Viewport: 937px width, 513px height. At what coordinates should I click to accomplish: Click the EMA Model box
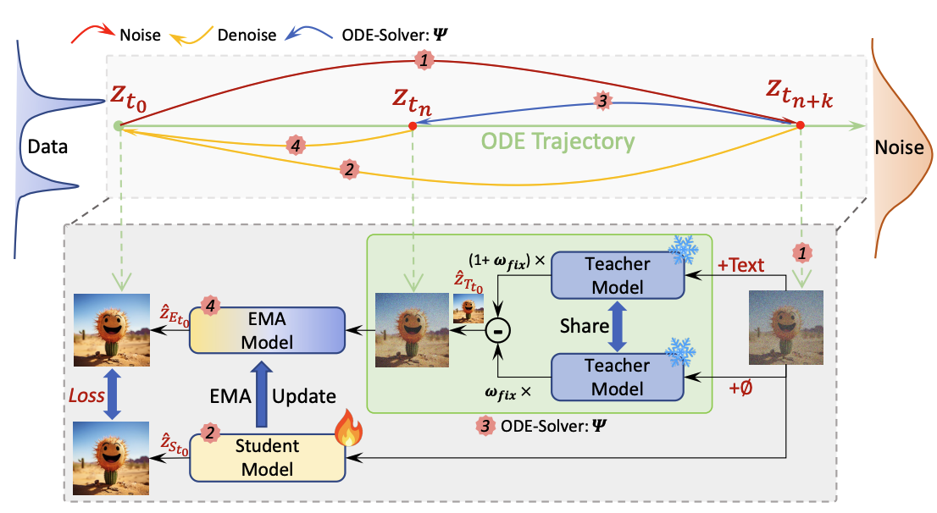coord(267,329)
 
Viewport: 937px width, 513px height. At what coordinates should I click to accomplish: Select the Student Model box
coord(267,458)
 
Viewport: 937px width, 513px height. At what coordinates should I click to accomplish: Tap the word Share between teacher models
coord(585,326)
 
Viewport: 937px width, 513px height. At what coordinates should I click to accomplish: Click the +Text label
coord(740,266)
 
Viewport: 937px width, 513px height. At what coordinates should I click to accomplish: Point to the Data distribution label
coord(47,146)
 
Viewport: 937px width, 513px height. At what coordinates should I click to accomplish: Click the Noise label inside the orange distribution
coord(900,147)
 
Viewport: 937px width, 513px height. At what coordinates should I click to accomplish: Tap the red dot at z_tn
coord(412,126)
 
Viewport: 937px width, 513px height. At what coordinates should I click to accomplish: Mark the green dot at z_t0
coord(118,127)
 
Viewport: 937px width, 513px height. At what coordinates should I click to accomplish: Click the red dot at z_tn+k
coord(799,126)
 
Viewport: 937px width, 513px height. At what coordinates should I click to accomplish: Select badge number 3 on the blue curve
coord(602,100)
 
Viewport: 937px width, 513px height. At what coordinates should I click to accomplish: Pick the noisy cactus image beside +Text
coord(785,327)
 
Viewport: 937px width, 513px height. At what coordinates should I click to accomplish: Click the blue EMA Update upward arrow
coord(266,394)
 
